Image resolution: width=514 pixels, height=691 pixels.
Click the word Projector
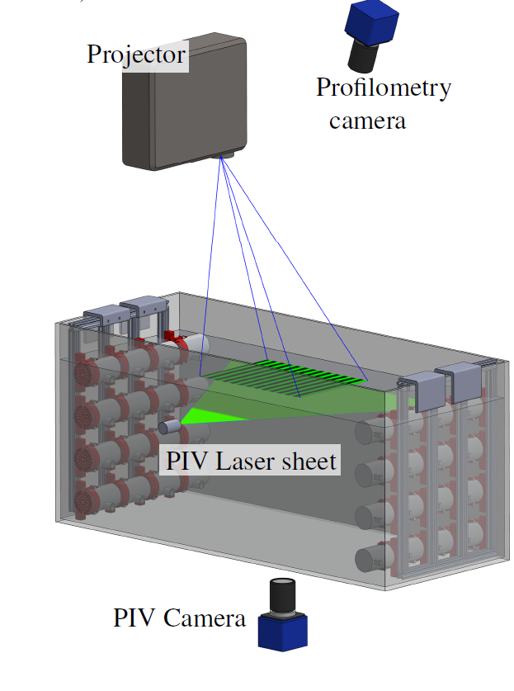(136, 55)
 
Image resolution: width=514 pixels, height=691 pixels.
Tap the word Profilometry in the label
(384, 88)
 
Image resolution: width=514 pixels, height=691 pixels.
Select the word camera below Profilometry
(367, 121)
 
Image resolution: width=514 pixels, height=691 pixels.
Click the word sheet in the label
(309, 461)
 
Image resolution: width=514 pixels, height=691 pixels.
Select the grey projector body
(185, 102)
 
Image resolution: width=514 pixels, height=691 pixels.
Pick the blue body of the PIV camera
(282, 632)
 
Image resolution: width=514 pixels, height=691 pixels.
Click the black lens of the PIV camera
(282, 597)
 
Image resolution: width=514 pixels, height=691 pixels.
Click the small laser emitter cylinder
(170, 427)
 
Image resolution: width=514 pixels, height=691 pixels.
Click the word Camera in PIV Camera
(205, 618)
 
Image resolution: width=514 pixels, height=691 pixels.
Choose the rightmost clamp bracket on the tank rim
(459, 381)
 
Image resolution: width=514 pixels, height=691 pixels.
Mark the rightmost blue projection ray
(294, 268)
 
